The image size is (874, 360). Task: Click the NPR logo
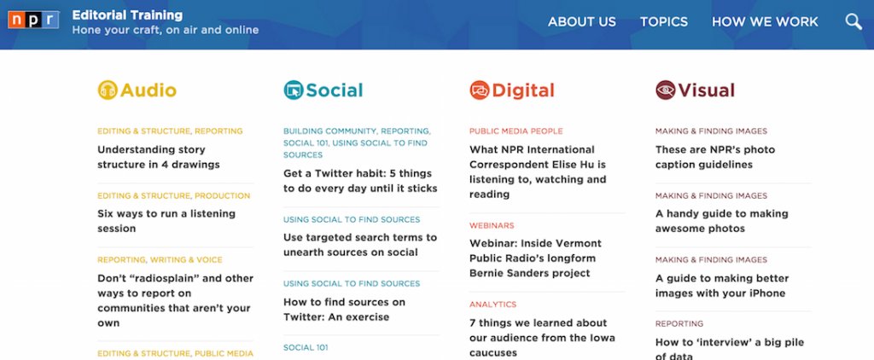coord(33,21)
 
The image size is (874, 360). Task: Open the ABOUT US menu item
coord(581,22)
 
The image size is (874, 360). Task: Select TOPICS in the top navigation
coord(663,22)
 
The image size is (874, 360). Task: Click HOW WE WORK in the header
coord(765,22)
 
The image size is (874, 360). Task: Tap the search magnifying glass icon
coord(854,22)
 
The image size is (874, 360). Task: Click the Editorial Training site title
coord(127,15)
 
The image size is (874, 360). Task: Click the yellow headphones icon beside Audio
coord(108,90)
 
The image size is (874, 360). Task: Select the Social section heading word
coord(334,90)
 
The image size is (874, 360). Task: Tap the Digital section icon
coord(480,90)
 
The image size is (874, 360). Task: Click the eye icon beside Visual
coord(666,90)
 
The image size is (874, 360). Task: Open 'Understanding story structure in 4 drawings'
coord(160,157)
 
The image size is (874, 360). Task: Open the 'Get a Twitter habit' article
coord(359,180)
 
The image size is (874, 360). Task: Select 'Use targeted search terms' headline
coord(359,245)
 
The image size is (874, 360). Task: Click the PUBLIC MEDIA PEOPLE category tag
coord(516,131)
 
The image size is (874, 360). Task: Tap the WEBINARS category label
coord(492,225)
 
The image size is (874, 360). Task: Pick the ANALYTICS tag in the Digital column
coord(492,304)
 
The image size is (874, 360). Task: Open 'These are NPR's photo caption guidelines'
coord(714,157)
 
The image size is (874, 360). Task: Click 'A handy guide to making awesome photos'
coord(721,221)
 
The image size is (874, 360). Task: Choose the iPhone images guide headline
coord(721,286)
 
